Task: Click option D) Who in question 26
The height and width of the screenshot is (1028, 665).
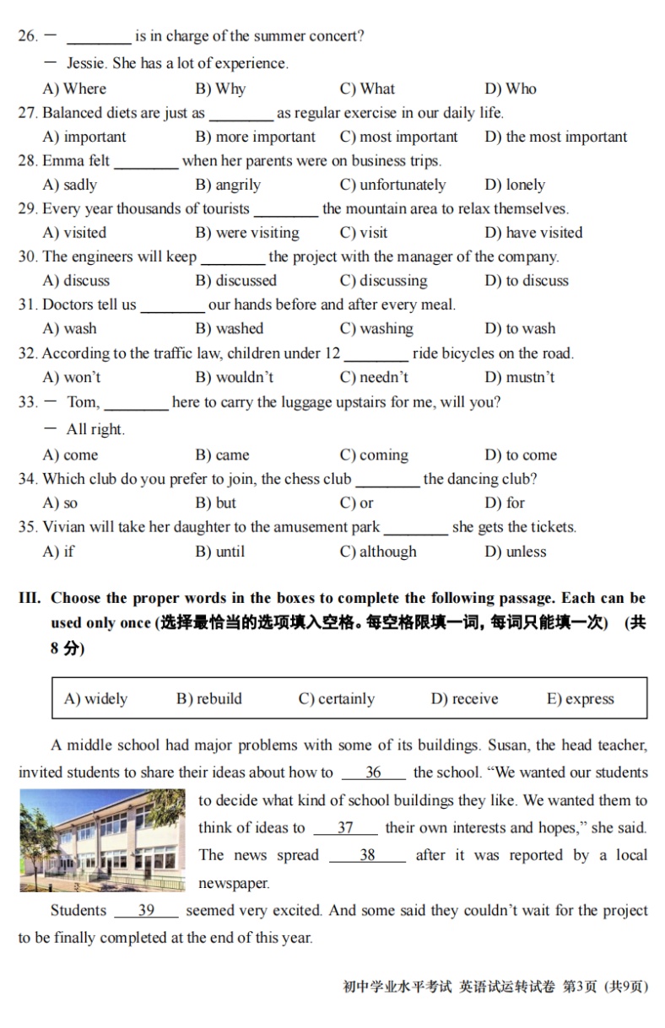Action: [x=510, y=89]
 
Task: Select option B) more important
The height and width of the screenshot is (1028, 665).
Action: [x=255, y=137]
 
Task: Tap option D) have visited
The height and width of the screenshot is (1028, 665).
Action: [x=533, y=233]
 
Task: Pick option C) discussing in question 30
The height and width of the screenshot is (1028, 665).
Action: [x=383, y=281]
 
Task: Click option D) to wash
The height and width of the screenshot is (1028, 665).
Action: [x=519, y=329]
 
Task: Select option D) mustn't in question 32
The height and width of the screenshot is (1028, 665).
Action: [x=519, y=377]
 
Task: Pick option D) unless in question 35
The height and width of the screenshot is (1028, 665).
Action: [x=515, y=552]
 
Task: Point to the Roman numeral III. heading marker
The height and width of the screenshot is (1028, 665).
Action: [x=30, y=598]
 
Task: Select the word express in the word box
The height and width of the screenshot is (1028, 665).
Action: [x=589, y=699]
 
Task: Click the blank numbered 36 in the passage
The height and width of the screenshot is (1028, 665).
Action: [x=373, y=772]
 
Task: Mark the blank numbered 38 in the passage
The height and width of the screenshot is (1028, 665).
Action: [x=367, y=855]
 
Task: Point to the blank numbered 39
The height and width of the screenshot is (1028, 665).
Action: [x=146, y=911]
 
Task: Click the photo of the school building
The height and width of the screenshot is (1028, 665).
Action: [x=102, y=840]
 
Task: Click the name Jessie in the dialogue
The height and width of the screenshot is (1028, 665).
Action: [x=86, y=63]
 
